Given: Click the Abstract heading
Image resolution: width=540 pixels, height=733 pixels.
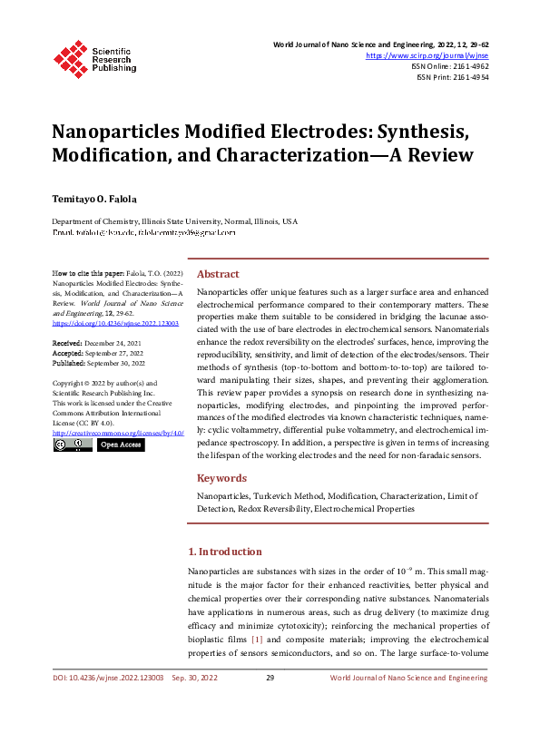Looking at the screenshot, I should pos(218,274).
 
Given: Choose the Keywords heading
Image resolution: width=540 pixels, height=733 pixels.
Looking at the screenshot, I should pos(221,478).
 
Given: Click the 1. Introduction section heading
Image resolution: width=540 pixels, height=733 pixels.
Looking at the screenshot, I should pos(224,552).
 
